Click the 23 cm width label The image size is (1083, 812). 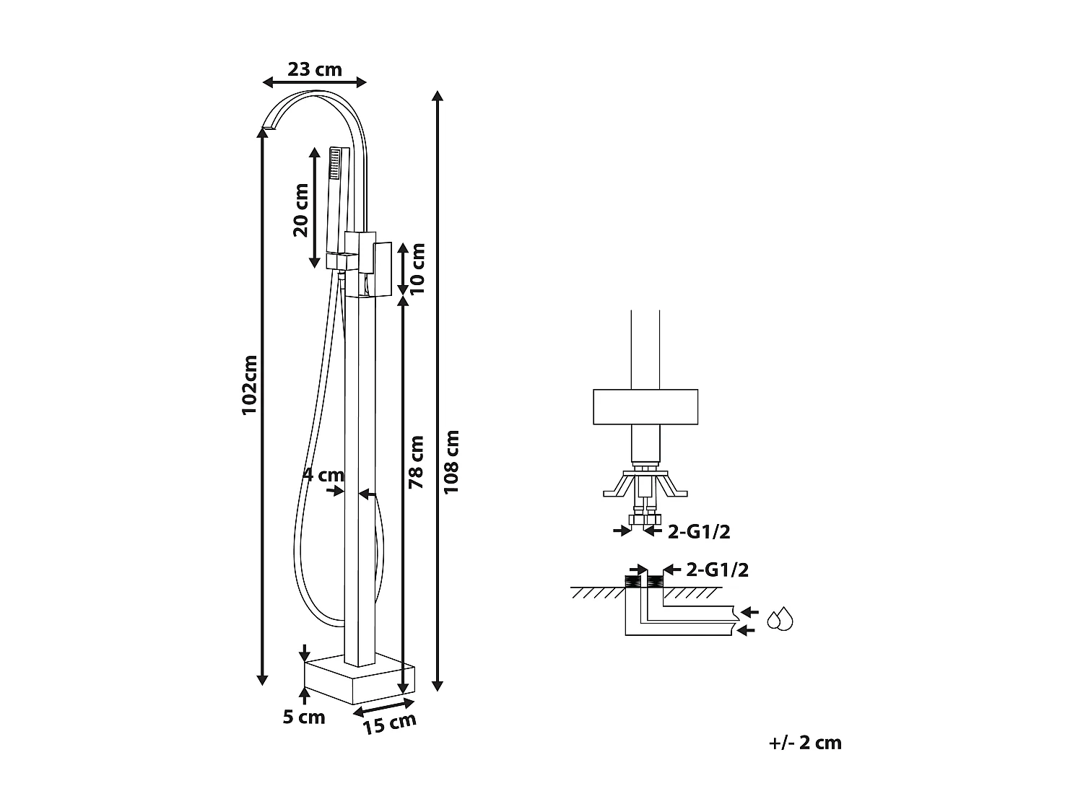tap(314, 69)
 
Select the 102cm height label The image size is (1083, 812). tap(249, 384)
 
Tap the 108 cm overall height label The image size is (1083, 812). tap(451, 462)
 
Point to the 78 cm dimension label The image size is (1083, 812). tap(417, 462)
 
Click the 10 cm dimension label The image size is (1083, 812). tap(417, 269)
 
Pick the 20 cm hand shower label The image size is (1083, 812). tap(300, 210)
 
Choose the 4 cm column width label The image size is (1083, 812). tap(323, 475)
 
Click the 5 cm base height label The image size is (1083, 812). tap(304, 717)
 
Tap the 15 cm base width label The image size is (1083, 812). tap(390, 722)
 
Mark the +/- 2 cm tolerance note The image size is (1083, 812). tap(805, 743)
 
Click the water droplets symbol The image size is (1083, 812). tap(780, 619)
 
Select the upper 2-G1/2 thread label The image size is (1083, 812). tap(699, 532)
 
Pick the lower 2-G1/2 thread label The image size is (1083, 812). tap(717, 569)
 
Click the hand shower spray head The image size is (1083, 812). tap(335, 164)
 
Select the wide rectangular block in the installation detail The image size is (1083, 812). tap(645, 407)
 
